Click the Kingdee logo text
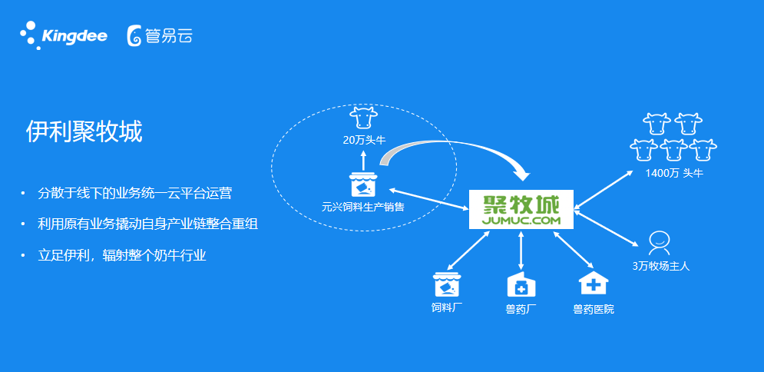[74, 37]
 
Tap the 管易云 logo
[160, 36]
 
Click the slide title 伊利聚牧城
[84, 132]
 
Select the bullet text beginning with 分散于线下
[134, 193]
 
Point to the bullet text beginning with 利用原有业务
[148, 224]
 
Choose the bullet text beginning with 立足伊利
[122, 255]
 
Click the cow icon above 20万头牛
[364, 119]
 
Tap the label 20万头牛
[365, 141]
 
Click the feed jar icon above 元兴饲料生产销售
[364, 184]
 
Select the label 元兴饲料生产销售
[363, 207]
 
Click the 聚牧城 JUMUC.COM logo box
[521, 210]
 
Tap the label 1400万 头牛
[674, 173]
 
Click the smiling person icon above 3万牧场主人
[659, 243]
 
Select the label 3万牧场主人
[661, 267]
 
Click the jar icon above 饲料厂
[447, 284]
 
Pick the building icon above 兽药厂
[521, 284]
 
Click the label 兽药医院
[594, 310]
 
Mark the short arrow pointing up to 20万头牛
[363, 159]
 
